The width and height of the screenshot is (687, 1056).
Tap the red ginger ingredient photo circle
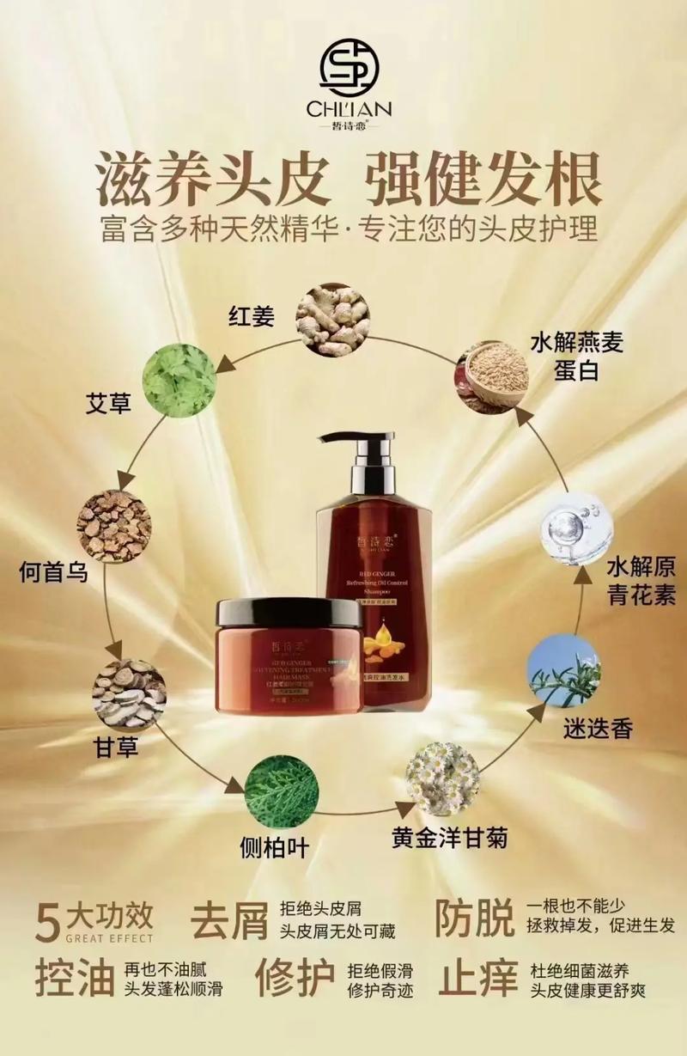332,319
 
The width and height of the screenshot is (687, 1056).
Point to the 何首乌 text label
53,571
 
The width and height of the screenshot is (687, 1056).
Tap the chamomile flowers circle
442,779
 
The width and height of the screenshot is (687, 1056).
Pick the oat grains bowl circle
492,377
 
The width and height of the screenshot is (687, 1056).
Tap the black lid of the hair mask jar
289,612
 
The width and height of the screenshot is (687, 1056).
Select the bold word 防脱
474,918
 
